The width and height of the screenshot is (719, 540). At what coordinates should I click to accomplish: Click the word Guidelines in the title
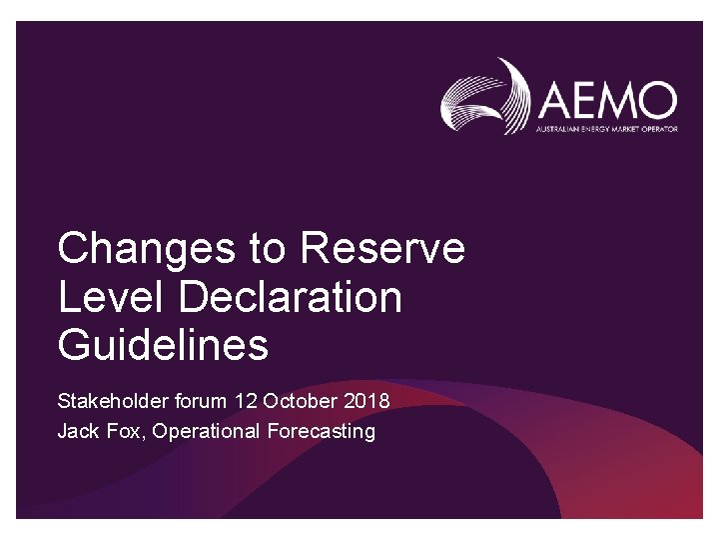click(x=163, y=346)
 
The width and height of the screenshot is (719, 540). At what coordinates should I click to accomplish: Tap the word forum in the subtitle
click(x=202, y=402)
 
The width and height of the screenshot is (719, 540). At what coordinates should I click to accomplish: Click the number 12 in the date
click(x=246, y=402)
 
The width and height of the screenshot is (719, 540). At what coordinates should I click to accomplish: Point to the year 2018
click(x=366, y=402)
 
